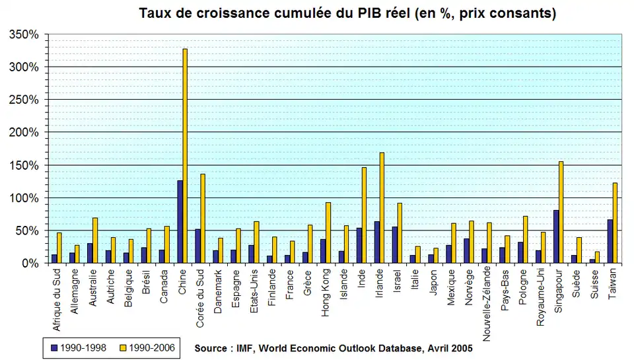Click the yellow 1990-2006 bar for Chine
(x=185, y=156)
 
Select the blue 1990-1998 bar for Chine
(x=180, y=222)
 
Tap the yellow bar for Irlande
(x=382, y=208)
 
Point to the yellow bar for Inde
(x=364, y=215)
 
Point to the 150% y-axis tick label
(x=24, y=165)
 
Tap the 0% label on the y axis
(x=31, y=264)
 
